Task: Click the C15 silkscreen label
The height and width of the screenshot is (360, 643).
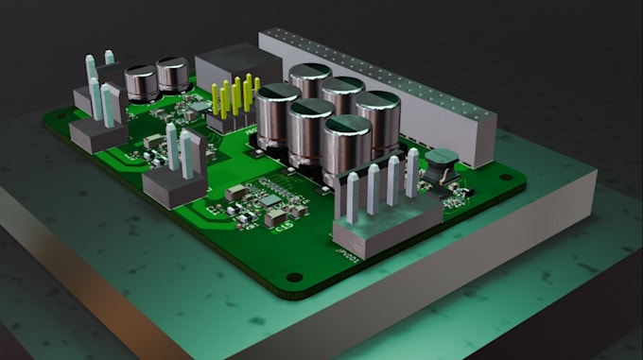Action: (x=284, y=224)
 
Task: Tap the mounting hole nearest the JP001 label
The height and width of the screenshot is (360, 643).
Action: (x=295, y=278)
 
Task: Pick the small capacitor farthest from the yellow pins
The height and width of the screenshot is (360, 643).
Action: (x=142, y=82)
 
